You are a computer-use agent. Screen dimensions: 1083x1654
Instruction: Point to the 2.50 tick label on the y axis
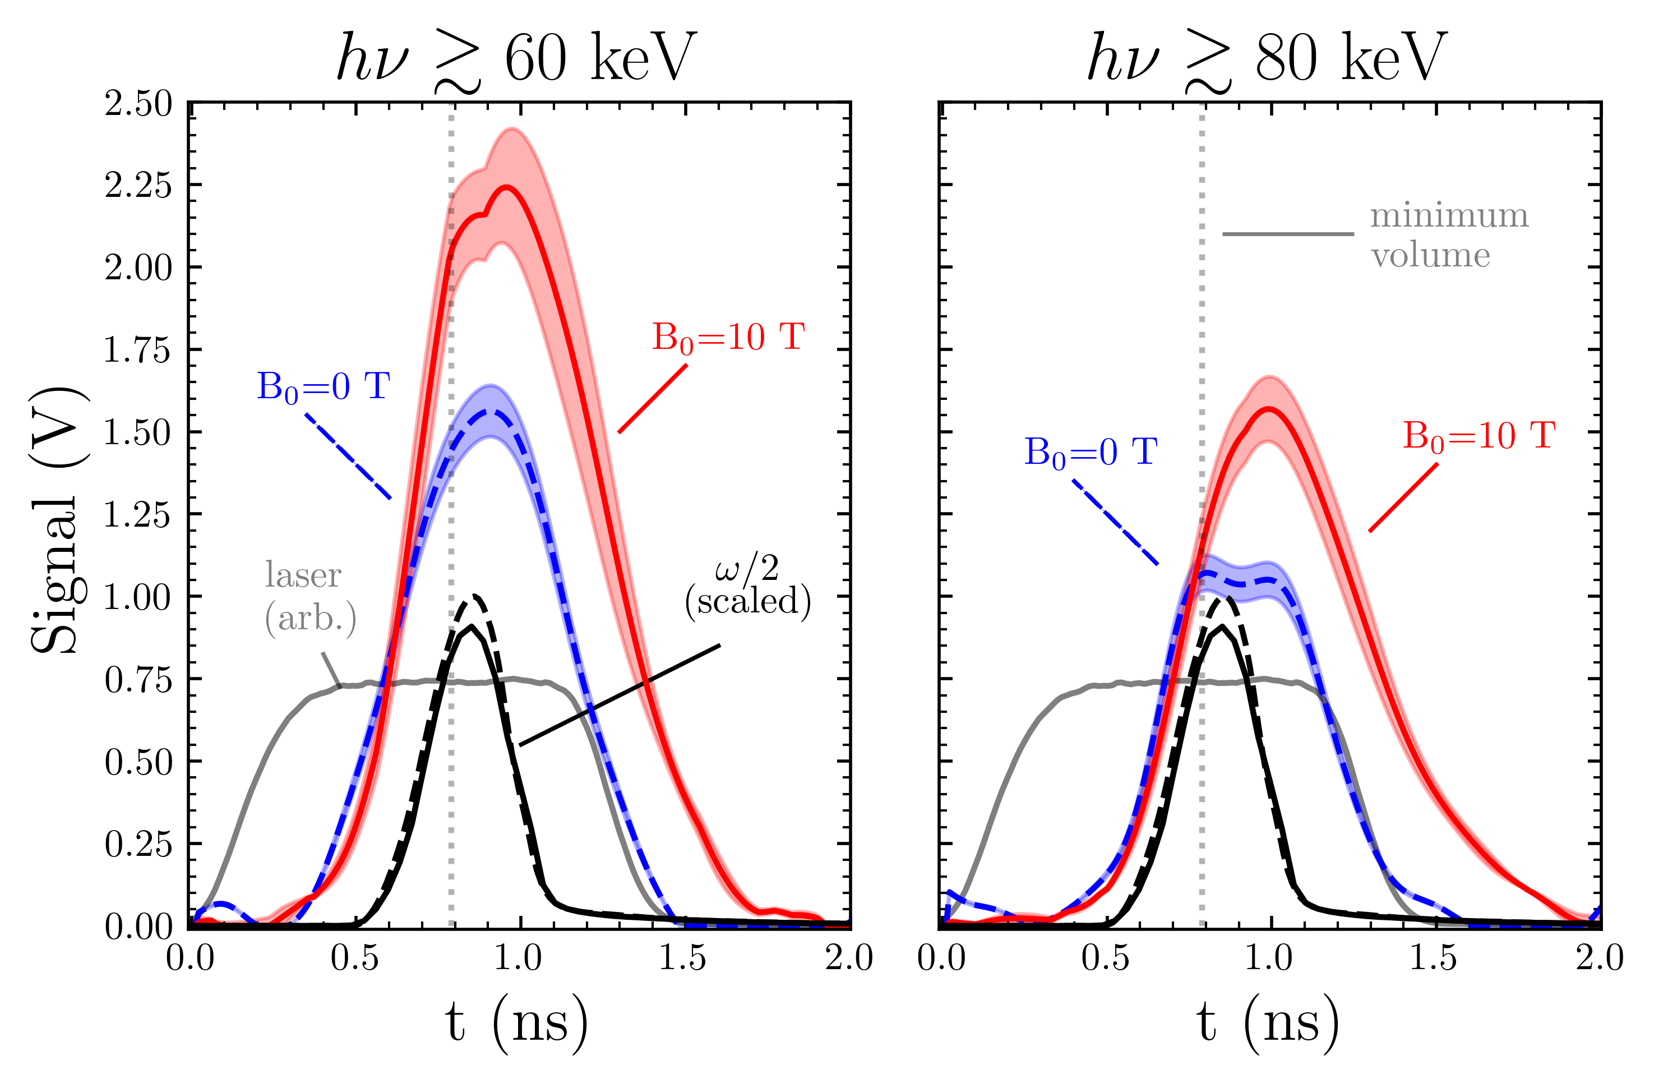click(x=137, y=104)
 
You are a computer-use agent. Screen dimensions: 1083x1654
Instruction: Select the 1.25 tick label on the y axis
click(x=137, y=515)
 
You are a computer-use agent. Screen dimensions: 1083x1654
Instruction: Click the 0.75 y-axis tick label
click(x=137, y=680)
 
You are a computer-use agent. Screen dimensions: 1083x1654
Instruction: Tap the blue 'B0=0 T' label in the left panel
click(x=323, y=387)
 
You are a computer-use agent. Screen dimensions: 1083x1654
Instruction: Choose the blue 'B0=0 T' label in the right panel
click(x=1091, y=453)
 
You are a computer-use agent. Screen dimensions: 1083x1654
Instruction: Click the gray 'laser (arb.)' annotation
click(x=310, y=596)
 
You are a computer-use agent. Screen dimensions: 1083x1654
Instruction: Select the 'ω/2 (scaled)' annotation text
click(x=748, y=587)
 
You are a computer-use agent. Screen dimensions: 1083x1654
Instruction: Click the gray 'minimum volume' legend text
click(x=1448, y=236)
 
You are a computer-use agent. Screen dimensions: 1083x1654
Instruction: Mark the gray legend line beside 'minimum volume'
click(x=1288, y=233)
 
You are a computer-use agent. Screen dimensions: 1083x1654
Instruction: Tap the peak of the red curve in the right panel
click(x=1270, y=409)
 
